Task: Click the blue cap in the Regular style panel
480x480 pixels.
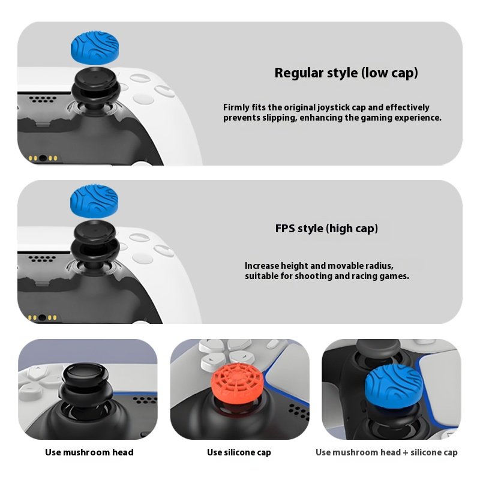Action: [95, 48]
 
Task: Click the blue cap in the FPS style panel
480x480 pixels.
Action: [94, 201]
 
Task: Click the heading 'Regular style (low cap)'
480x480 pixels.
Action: [346, 73]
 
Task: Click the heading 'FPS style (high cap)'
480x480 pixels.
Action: [326, 229]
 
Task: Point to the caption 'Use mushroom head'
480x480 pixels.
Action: [89, 452]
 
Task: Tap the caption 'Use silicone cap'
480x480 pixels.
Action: [239, 452]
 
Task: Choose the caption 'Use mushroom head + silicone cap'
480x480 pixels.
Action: [386, 452]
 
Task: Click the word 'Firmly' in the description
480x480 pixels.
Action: [236, 108]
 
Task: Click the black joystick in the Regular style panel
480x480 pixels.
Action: [95, 89]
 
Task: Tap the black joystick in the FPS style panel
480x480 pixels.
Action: [95, 244]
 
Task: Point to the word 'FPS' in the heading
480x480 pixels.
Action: [285, 229]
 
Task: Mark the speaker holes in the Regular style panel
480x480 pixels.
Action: [43, 99]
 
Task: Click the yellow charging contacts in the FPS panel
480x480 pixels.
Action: [42, 317]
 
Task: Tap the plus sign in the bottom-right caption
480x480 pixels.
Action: [406, 452]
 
